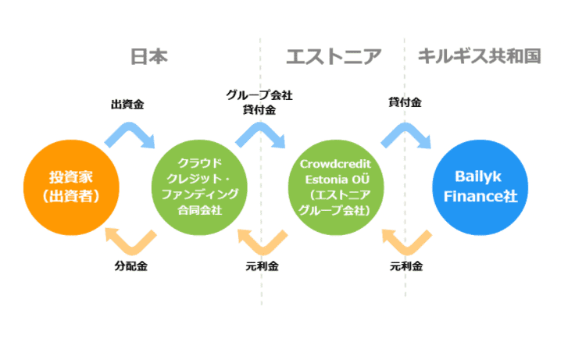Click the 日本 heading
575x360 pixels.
[x=148, y=56]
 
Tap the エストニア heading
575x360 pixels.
[x=334, y=56]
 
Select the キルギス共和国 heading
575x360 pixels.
[x=480, y=56]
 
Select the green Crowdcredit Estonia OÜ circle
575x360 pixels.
[x=335, y=187]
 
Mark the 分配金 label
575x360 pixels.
[x=130, y=266]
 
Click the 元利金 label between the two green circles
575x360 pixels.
[x=262, y=266]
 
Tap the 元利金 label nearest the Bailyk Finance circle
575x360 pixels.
[x=406, y=266]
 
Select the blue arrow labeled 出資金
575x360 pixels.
[x=131, y=134]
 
